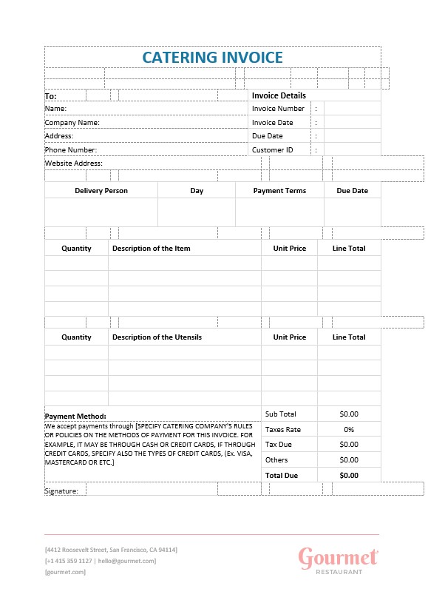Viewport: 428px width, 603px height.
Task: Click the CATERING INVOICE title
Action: point(212,57)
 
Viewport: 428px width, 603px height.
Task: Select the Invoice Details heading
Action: point(279,95)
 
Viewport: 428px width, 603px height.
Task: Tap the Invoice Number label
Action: point(278,109)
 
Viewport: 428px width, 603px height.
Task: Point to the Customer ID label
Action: point(272,149)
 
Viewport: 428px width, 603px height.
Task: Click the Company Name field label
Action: point(72,123)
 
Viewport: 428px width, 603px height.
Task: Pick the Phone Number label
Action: point(71,149)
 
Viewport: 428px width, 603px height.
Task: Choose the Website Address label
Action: point(74,163)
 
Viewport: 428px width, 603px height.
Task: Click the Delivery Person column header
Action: point(101,191)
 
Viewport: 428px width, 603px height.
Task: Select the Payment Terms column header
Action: point(279,191)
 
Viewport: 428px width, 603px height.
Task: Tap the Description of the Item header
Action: point(152,249)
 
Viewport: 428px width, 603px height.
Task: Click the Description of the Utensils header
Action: point(157,337)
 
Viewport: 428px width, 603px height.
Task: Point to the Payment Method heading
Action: point(75,416)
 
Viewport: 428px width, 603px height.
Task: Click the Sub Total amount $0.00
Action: point(349,414)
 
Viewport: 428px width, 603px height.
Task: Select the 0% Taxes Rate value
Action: point(349,430)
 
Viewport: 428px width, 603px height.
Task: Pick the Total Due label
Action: point(282,476)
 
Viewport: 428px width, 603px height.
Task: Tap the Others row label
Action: point(276,460)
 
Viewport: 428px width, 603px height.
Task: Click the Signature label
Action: point(61,491)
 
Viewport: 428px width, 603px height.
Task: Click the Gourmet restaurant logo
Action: point(339,560)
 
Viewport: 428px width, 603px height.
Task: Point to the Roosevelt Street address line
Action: point(111,550)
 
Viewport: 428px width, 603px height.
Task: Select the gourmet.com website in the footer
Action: point(65,572)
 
